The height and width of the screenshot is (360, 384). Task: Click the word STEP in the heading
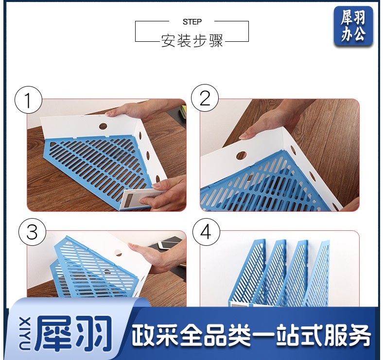(x=192, y=22)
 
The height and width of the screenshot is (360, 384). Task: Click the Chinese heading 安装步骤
(x=192, y=40)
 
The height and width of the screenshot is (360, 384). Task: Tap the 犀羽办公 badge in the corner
(x=353, y=26)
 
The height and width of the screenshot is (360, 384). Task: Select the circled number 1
(x=28, y=100)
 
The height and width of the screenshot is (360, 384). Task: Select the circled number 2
(x=205, y=98)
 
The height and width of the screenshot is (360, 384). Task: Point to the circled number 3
(x=33, y=232)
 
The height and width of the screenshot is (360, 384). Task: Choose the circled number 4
(x=206, y=232)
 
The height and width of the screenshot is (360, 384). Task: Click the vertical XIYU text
(x=26, y=333)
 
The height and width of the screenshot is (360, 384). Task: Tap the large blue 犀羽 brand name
(x=73, y=333)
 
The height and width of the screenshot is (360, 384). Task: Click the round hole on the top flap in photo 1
(x=103, y=126)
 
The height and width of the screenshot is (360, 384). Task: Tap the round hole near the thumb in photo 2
(x=241, y=155)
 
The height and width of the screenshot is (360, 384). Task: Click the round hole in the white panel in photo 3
(x=118, y=253)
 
